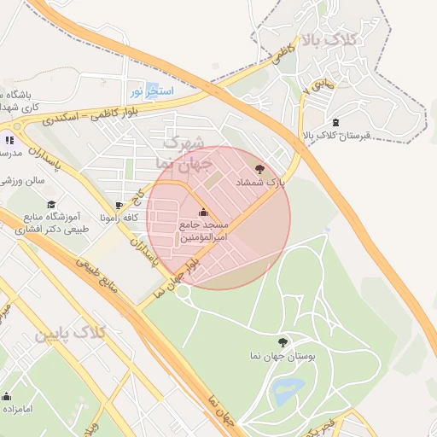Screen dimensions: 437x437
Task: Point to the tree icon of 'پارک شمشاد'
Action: pos(259,169)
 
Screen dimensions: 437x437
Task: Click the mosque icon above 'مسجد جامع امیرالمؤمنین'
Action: pos(202,213)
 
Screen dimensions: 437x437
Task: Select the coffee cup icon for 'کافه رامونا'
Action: pos(119,206)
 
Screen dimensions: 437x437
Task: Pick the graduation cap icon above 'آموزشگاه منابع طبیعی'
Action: pos(51,205)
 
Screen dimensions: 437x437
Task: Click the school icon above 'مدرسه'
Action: pos(9,139)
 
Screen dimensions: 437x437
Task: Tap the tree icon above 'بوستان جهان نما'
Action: pos(283,341)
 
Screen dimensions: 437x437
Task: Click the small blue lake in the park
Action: pos(288,392)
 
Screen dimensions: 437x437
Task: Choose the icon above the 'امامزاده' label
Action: pos(7,396)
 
